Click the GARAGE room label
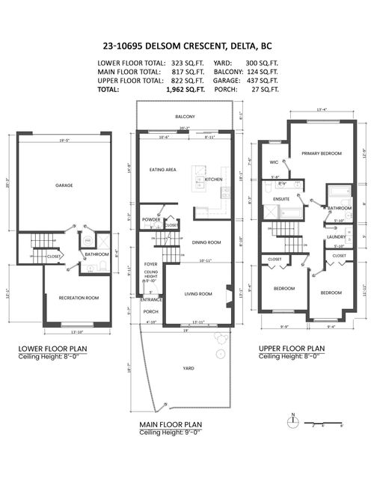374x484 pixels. click(x=63, y=185)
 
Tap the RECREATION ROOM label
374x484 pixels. click(x=79, y=298)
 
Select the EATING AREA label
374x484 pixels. click(x=162, y=170)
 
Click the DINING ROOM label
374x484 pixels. click(x=206, y=242)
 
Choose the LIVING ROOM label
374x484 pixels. click(x=199, y=294)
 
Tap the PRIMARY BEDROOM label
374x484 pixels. click(x=322, y=153)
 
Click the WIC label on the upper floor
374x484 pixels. click(x=274, y=162)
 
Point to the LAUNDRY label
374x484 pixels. click(x=336, y=238)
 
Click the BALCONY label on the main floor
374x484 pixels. click(x=185, y=117)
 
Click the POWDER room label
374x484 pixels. click(x=151, y=219)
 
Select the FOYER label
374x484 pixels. click(x=150, y=264)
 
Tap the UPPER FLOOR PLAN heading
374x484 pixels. click(x=291, y=348)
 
